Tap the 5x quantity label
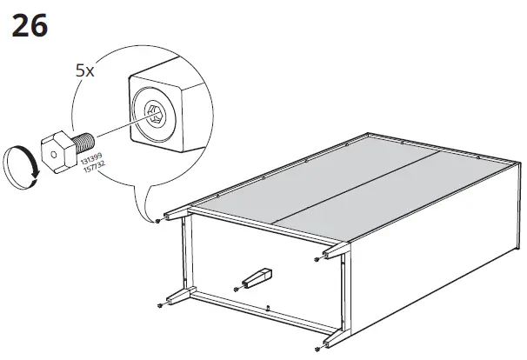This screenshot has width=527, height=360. pos(84,71)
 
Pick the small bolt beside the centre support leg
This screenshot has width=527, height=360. pos(236,289)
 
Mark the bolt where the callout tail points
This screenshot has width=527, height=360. pos(156,221)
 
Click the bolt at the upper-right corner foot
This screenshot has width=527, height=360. pos(315,257)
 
